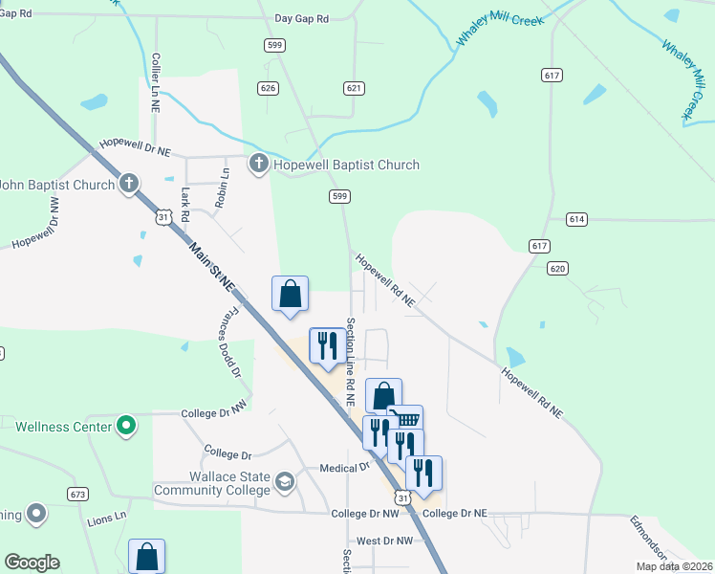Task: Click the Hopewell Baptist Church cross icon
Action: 258,165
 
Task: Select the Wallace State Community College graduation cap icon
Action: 284,481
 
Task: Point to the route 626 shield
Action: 268,88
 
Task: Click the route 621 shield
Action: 354,88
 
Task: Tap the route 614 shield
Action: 575,219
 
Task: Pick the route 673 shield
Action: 78,494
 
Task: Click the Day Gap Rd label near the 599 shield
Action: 301,18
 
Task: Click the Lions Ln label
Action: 107,518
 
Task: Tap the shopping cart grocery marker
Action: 406,420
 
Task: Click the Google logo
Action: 32,563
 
